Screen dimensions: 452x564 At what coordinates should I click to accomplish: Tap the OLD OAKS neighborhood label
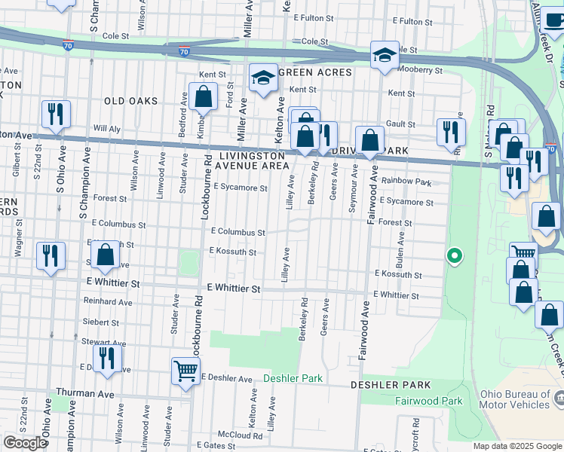click(131, 101)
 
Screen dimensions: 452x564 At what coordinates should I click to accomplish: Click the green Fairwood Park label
click(429, 402)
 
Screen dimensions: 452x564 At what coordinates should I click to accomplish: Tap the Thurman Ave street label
click(84, 394)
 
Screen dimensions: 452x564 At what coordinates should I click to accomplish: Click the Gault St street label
click(400, 124)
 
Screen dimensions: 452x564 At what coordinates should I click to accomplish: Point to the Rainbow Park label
click(406, 182)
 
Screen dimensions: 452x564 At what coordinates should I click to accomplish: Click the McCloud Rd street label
click(239, 435)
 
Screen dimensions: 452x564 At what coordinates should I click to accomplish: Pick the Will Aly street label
click(106, 129)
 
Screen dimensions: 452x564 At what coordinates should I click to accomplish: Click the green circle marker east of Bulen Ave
click(454, 256)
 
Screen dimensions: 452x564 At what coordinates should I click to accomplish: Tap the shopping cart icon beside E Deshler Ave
click(185, 370)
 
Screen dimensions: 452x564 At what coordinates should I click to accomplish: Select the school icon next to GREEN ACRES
click(263, 78)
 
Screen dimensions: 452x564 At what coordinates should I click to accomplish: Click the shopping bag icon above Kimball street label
click(203, 96)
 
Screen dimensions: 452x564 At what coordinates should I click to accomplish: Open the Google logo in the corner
click(25, 443)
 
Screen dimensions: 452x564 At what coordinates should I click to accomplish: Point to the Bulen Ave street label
click(401, 245)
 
